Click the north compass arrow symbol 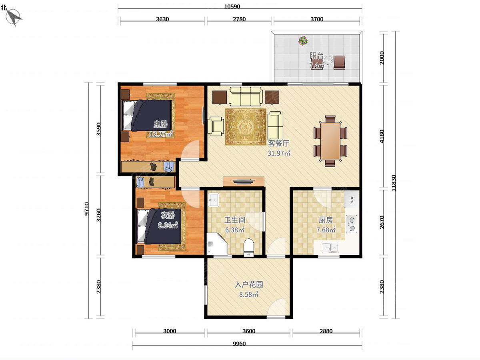pyautogui.click(x=14, y=18)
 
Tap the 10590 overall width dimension pyautogui.click(x=232, y=6)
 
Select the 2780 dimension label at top pyautogui.click(x=239, y=19)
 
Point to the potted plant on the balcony pyautogui.click(x=303, y=41)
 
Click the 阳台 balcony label pyautogui.click(x=316, y=56)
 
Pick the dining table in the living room pyautogui.click(x=330, y=141)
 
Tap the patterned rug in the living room pyautogui.click(x=246, y=126)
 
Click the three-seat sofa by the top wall pyautogui.click(x=246, y=96)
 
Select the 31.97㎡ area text pyautogui.click(x=279, y=153)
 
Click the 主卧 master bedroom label pyautogui.click(x=160, y=124)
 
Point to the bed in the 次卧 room pyautogui.click(x=159, y=226)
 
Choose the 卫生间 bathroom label pyautogui.click(x=235, y=220)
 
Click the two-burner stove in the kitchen pyautogui.click(x=352, y=223)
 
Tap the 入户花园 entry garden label pyautogui.click(x=249, y=284)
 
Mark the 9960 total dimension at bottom pyautogui.click(x=239, y=344)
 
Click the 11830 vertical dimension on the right pyautogui.click(x=394, y=183)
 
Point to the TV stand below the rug pyautogui.click(x=243, y=182)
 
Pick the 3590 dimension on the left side pyautogui.click(x=99, y=129)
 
